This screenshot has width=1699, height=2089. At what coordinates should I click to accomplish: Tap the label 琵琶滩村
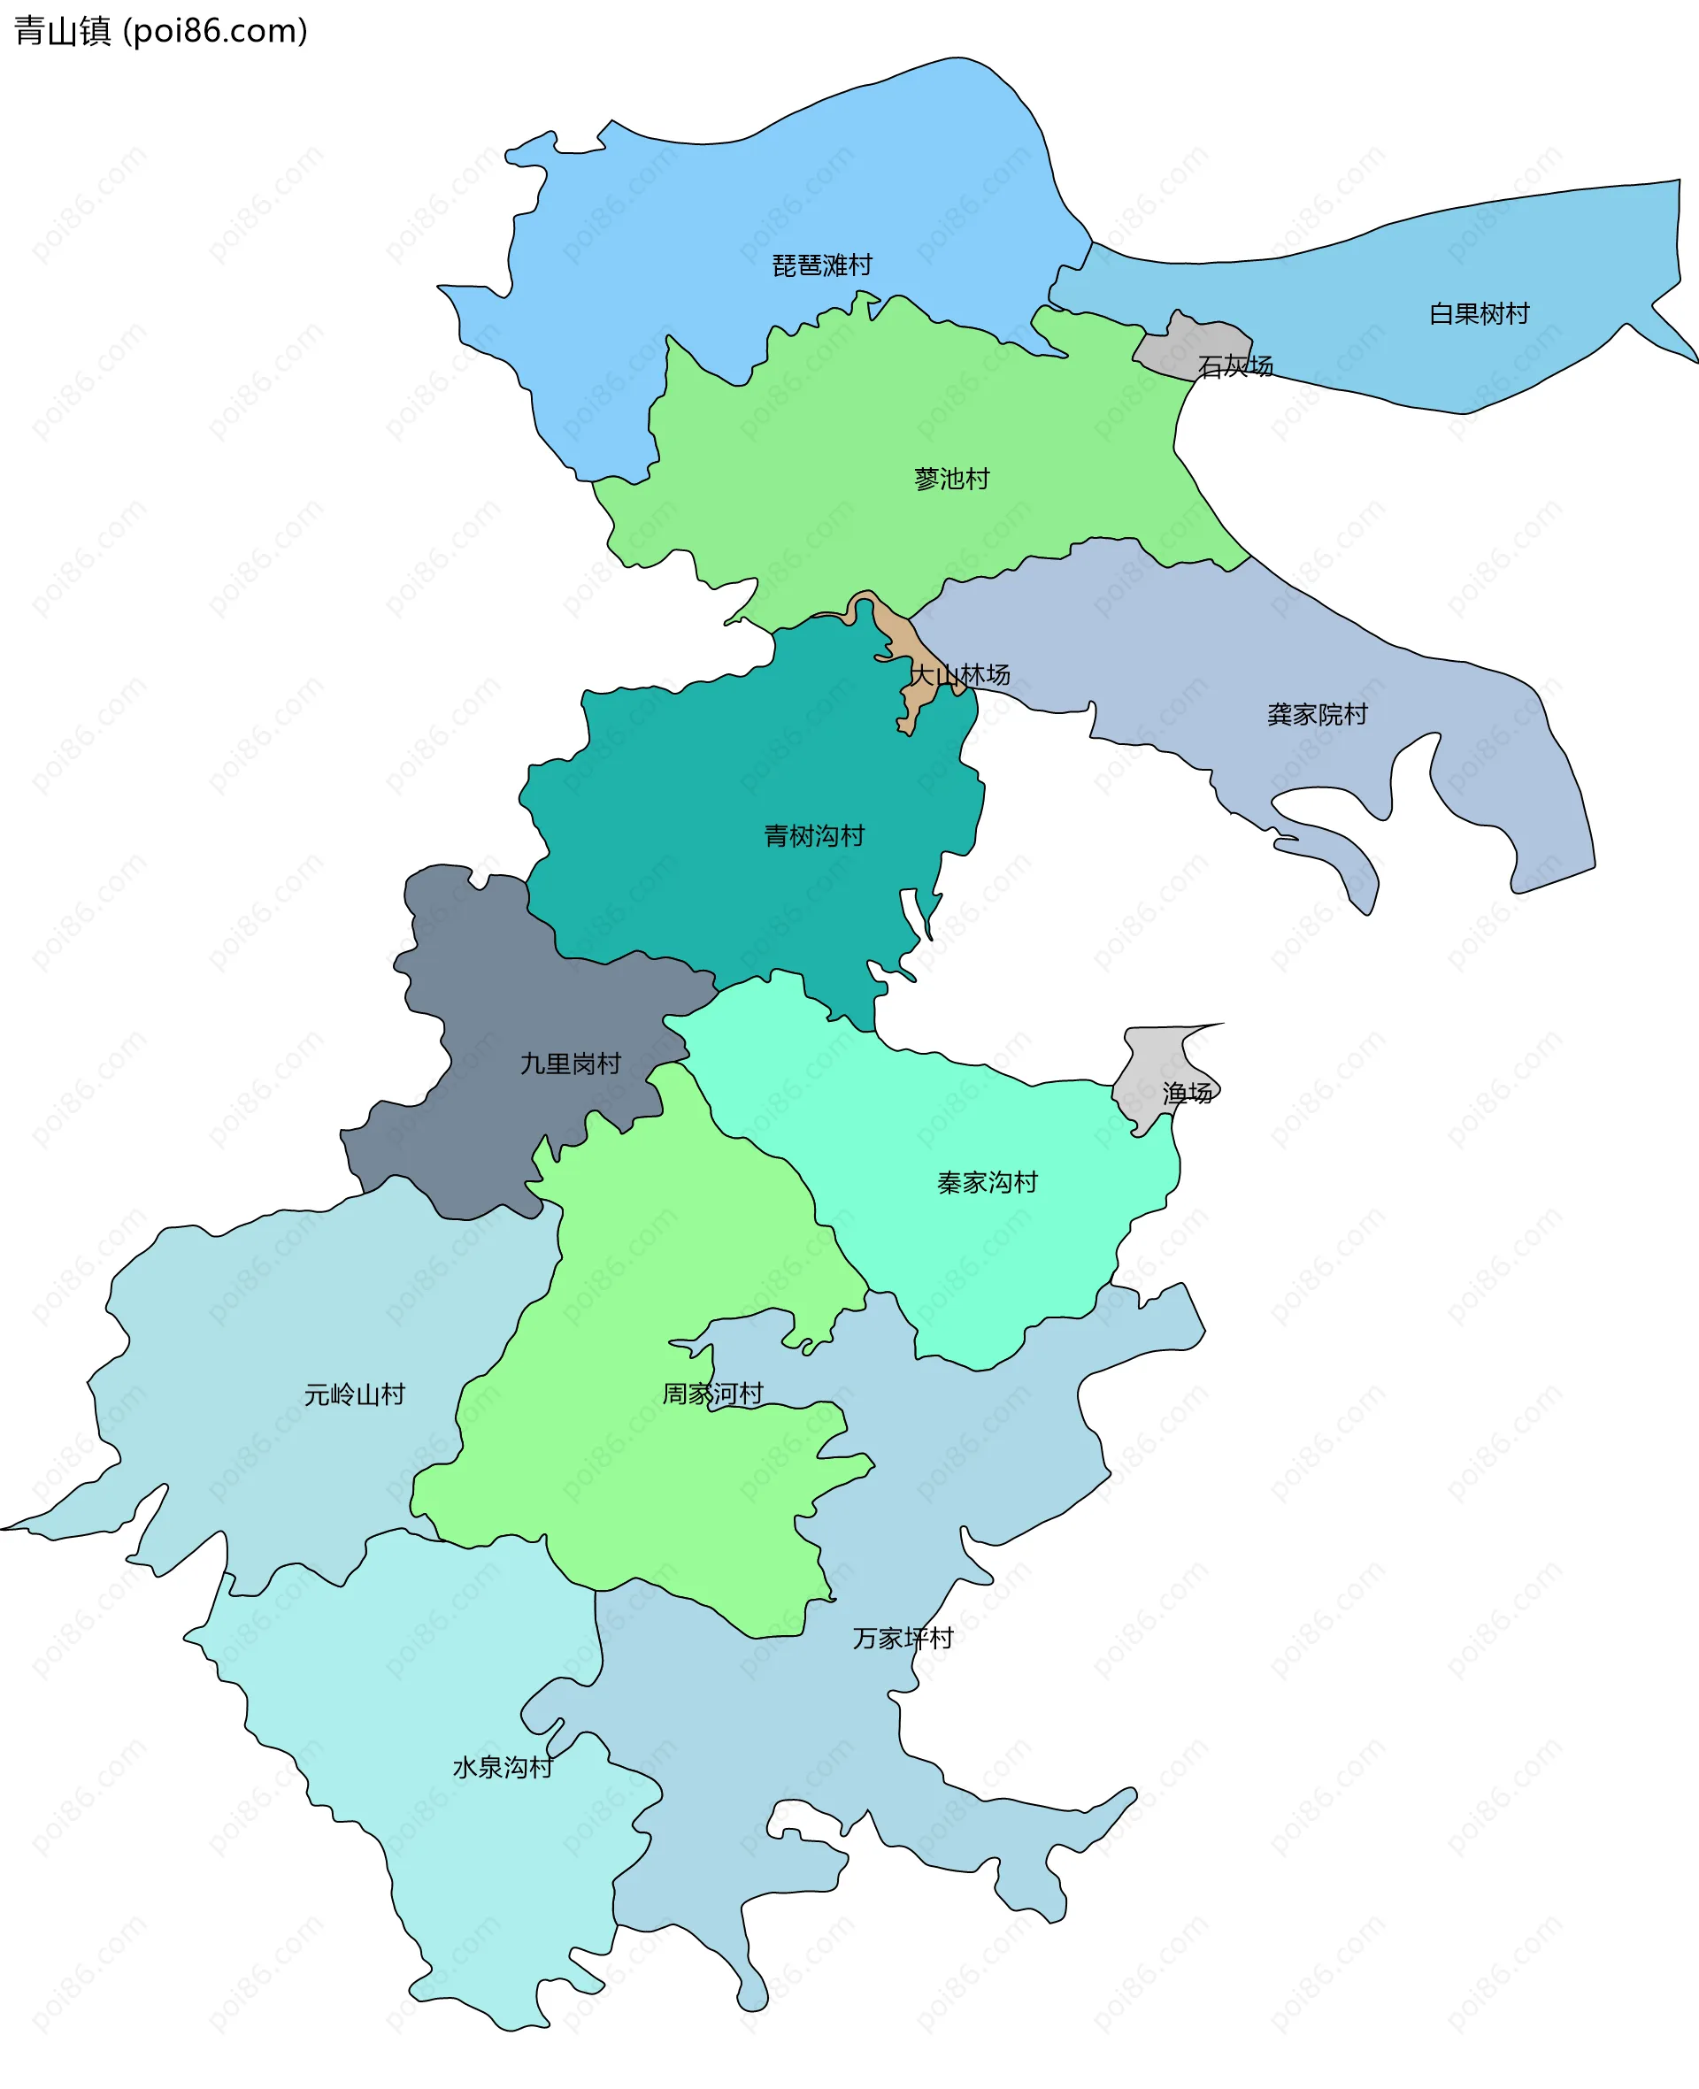(x=821, y=265)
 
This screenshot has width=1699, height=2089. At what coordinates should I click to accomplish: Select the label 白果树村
(x=1479, y=313)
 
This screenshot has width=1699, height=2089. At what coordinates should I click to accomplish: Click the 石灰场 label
(x=1235, y=366)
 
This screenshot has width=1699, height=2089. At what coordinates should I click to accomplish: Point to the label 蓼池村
(x=951, y=479)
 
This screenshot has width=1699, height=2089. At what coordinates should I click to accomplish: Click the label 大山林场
(x=960, y=674)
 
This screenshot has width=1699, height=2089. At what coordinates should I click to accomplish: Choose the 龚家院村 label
(x=1318, y=714)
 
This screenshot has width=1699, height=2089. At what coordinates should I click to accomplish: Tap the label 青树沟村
(x=814, y=835)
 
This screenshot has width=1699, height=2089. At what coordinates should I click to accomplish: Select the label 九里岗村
(x=571, y=1064)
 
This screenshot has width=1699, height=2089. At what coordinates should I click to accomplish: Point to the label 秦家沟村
(x=988, y=1183)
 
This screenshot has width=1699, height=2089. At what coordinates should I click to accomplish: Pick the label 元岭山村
(x=354, y=1394)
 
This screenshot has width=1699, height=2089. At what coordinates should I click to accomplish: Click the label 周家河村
(x=712, y=1394)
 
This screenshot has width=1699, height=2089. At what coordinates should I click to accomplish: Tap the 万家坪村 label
(x=903, y=1638)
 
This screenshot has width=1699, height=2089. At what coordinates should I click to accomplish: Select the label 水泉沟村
(x=502, y=1767)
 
